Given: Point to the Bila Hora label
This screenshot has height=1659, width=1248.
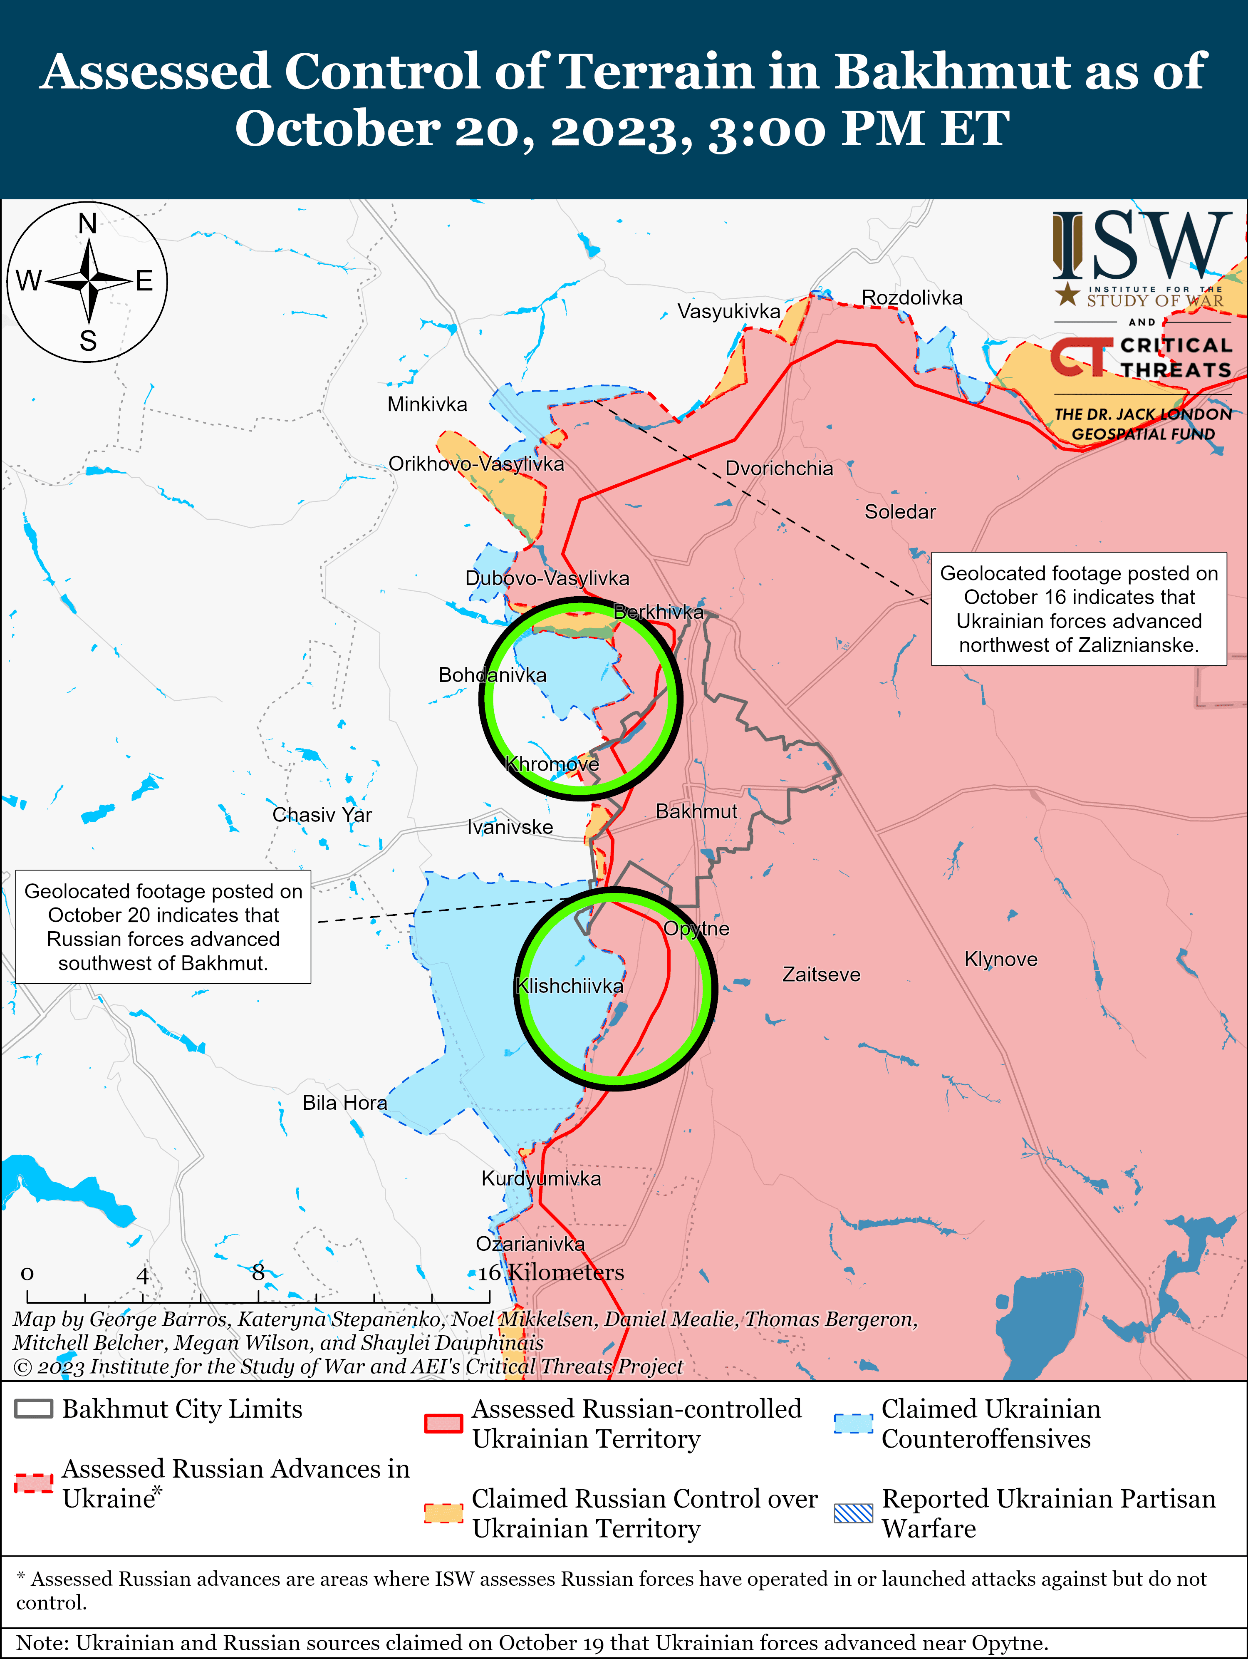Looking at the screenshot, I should tap(345, 1103).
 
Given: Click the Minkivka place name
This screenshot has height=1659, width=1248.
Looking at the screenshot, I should tap(427, 404).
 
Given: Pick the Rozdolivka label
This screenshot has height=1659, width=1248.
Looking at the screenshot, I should tap(911, 298).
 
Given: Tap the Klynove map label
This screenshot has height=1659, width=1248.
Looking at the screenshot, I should tap(1000, 959).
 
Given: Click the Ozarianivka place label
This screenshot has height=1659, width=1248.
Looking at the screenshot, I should tap(530, 1243).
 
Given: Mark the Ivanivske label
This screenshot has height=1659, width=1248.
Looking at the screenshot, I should tap(510, 827).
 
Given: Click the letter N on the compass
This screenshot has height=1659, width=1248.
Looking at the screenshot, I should tap(88, 223).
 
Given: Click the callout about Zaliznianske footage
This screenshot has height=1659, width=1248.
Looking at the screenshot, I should tap(1079, 609).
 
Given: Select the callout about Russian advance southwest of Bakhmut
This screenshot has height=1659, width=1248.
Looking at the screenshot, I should tap(163, 927).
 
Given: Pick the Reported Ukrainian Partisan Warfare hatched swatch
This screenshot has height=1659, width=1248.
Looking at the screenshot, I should tap(854, 1513).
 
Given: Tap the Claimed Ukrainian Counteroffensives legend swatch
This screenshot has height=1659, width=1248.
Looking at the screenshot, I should tap(854, 1423).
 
